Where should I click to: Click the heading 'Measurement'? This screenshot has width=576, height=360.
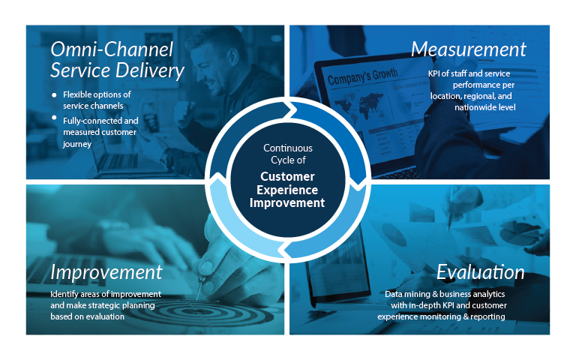(468, 49)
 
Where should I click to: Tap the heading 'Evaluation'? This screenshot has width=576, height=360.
(480, 272)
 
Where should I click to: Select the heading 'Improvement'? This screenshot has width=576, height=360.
(106, 272)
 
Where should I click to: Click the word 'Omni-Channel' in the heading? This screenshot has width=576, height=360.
(112, 49)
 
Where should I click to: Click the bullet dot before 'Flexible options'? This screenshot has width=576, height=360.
(54, 95)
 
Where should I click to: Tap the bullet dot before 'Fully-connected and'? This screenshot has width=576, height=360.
(54, 118)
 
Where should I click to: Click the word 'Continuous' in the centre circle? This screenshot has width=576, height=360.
(288, 148)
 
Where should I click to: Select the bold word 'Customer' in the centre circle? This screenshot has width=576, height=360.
(288, 177)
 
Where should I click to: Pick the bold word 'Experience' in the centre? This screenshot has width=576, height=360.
(287, 190)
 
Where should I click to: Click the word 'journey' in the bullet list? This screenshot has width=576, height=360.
(77, 144)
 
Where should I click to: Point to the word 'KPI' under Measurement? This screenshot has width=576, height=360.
(433, 73)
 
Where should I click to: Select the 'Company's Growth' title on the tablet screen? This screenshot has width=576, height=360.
(362, 76)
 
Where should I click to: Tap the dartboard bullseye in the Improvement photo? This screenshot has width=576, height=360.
(198, 311)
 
